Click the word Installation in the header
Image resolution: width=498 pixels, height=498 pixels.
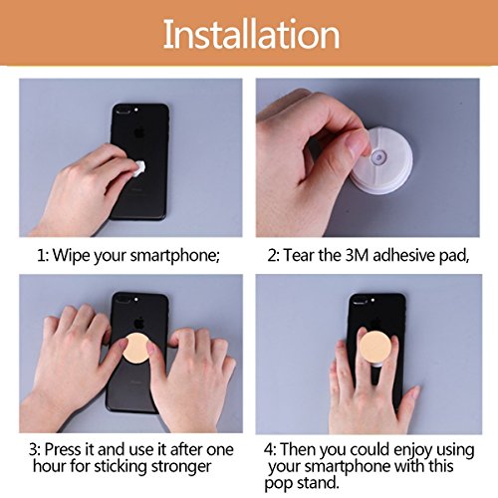click(x=251, y=34)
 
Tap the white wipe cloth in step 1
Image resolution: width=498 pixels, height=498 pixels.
click(x=139, y=168)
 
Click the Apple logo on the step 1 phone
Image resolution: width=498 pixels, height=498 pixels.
click(x=139, y=133)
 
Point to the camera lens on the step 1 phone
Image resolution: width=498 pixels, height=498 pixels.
click(x=123, y=111)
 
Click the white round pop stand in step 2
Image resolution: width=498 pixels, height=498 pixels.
click(x=381, y=161)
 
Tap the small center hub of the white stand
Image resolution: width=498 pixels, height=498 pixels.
click(x=378, y=155)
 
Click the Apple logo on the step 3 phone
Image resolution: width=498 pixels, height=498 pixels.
click(x=139, y=323)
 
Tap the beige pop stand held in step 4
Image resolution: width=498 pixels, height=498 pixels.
click(x=375, y=347)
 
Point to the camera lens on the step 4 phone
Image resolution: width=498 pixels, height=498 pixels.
click(x=360, y=302)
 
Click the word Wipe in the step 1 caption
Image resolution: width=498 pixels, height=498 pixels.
click(x=71, y=256)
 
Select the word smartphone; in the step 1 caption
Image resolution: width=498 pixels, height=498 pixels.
click(x=175, y=256)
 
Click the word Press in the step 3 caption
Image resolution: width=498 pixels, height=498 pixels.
click(x=63, y=449)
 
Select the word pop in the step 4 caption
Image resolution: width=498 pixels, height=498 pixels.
click(x=278, y=484)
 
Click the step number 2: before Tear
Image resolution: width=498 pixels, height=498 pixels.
click(x=274, y=256)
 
